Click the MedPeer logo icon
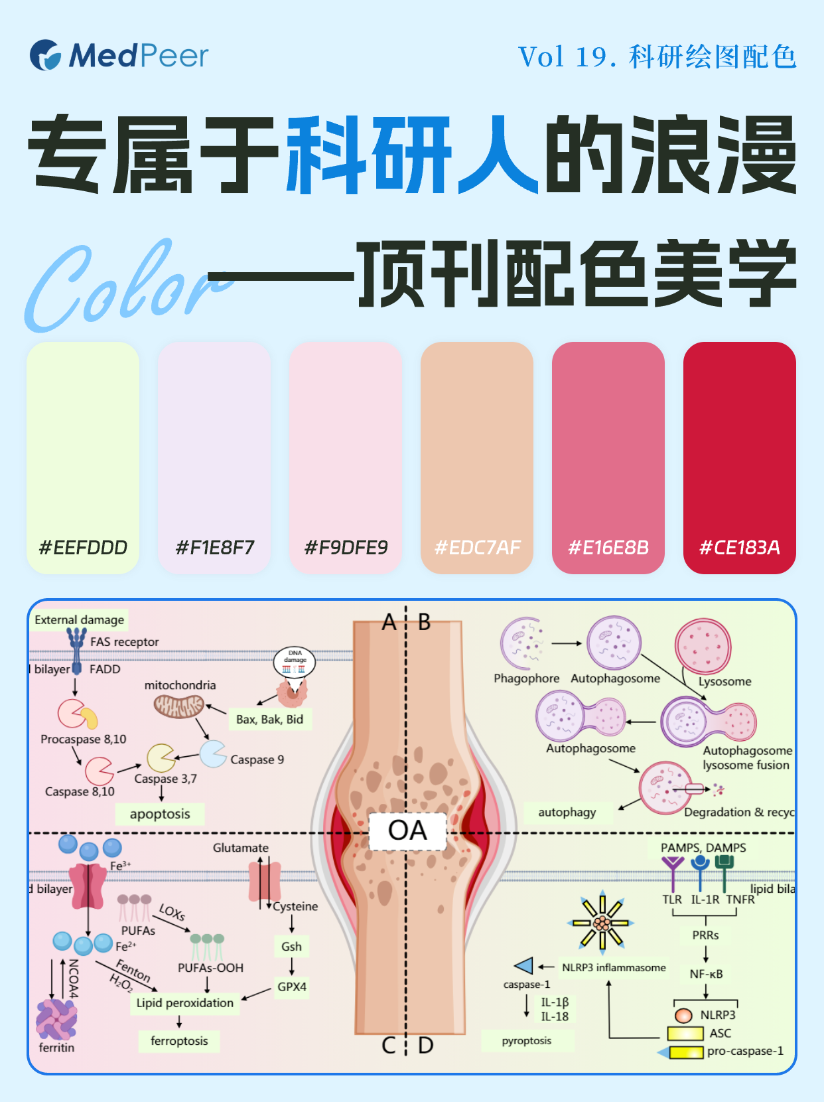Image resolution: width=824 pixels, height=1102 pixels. [x=45, y=55]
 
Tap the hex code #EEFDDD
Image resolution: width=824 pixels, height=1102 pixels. [x=83, y=548]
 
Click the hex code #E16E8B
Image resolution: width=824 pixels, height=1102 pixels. [x=608, y=548]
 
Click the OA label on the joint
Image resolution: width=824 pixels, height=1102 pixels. [x=407, y=831]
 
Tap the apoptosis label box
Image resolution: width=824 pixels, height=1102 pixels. [x=160, y=814]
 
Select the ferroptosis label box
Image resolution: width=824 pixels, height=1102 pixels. [x=179, y=1041]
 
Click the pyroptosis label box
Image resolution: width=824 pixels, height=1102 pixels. [x=527, y=1041]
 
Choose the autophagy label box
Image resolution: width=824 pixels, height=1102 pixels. [x=567, y=813]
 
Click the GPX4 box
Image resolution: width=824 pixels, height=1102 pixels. [x=292, y=987]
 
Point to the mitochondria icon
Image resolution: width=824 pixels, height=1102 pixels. [x=179, y=706]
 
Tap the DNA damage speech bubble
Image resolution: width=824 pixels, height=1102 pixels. [x=295, y=661]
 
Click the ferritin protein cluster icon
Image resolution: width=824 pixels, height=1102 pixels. [x=56, y=1019]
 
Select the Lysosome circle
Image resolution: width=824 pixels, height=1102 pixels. [x=703, y=647]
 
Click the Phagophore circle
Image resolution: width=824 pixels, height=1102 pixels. [x=524, y=643]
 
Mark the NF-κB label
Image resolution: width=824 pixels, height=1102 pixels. [x=706, y=974]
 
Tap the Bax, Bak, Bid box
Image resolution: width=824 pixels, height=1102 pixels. [x=269, y=720]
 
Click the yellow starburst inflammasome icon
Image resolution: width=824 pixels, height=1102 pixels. [x=602, y=923]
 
